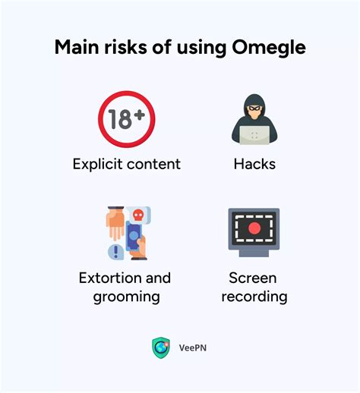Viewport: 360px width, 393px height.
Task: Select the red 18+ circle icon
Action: click(x=126, y=119)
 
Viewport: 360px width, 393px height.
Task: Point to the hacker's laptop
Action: click(x=253, y=135)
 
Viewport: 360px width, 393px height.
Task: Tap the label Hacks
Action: click(x=254, y=163)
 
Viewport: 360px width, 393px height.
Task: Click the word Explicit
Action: click(x=98, y=163)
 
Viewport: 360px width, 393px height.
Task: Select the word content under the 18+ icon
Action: click(x=153, y=163)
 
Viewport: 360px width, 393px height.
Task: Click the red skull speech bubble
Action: click(x=137, y=215)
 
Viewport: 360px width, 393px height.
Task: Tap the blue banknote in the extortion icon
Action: click(x=134, y=238)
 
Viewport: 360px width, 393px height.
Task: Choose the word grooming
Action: click(x=126, y=296)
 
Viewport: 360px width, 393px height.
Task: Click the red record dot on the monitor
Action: click(x=254, y=228)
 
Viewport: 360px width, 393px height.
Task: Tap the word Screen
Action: click(x=254, y=278)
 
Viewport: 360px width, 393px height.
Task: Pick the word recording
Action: click(x=254, y=296)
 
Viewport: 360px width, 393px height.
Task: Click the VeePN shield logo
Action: click(x=161, y=347)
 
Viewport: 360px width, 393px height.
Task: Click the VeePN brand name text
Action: click(x=193, y=348)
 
